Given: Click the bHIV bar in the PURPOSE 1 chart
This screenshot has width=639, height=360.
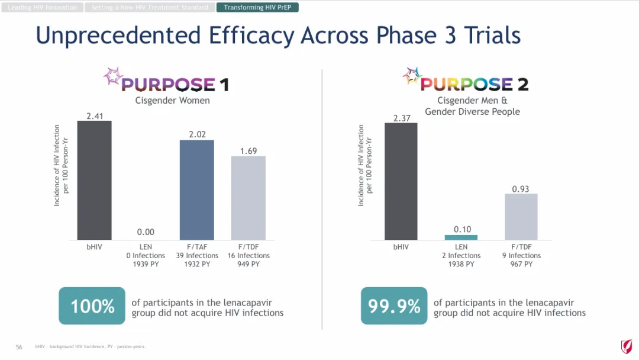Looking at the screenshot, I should (x=94, y=180).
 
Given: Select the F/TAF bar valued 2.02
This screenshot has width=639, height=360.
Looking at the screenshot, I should (x=197, y=189).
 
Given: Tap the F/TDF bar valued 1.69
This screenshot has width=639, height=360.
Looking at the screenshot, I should (x=248, y=198).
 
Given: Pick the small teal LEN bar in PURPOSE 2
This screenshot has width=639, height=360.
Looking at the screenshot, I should (x=461, y=237).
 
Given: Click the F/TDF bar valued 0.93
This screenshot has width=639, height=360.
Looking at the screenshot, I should (x=521, y=217).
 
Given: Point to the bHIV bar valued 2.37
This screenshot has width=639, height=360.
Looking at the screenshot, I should (x=401, y=181).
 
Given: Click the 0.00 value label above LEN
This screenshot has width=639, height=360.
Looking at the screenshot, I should (x=146, y=233).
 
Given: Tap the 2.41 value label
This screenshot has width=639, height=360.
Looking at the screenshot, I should (x=95, y=116).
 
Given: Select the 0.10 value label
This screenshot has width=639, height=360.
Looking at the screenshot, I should (x=463, y=229).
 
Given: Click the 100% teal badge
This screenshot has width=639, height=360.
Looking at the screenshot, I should (x=92, y=306).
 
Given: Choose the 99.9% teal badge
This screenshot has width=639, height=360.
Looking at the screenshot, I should (x=394, y=306).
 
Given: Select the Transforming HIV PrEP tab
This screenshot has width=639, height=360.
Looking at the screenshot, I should (x=257, y=8).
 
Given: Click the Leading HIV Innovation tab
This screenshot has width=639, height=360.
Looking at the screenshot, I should (x=43, y=8).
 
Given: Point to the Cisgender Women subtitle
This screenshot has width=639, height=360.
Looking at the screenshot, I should (x=172, y=100).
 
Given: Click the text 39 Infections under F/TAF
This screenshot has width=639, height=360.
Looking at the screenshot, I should (x=197, y=256).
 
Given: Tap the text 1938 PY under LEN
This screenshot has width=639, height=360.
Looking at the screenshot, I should (x=461, y=264).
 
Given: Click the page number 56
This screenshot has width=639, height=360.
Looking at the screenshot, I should (x=19, y=347).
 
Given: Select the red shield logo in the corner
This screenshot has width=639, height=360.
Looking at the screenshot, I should (x=626, y=346).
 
